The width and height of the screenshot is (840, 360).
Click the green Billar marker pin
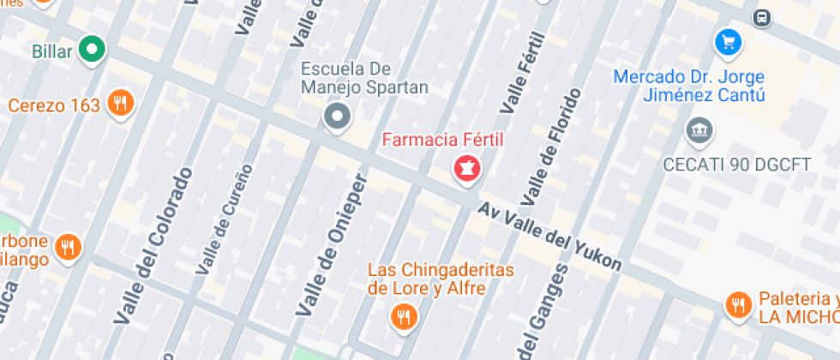point(92,50)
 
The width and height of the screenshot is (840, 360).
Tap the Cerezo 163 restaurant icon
point(120,105)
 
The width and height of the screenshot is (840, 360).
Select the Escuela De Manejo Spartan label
point(364,77)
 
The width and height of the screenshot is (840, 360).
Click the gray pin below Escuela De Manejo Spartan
point(337,116)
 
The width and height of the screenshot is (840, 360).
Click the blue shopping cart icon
point(728,40)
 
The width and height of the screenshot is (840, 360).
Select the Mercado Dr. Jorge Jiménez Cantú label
point(689,87)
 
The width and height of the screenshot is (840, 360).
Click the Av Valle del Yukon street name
point(549,237)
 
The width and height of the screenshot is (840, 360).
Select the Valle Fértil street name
point(522,73)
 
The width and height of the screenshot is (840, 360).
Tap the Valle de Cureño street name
point(225,219)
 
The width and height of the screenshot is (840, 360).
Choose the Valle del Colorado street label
point(150,247)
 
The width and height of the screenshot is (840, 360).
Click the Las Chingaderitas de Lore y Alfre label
point(440,279)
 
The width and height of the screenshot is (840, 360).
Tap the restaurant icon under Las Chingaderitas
point(402,317)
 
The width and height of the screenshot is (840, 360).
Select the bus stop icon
point(760,17)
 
